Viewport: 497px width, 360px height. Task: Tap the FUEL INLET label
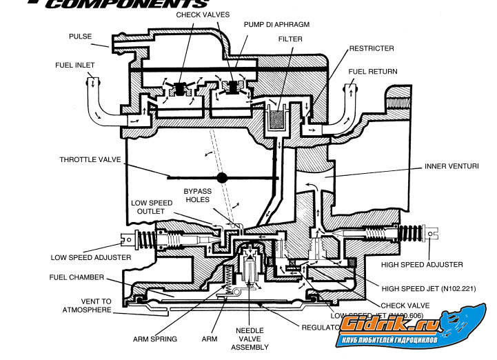pyautogui.click(x=75, y=65)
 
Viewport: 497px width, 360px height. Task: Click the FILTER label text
pyautogui.click(x=291, y=39)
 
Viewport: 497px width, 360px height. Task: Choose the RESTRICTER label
pyautogui.click(x=372, y=49)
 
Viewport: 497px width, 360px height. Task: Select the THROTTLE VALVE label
pyautogui.click(x=90, y=160)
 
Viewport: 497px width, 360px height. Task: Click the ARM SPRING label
pyautogui.click(x=155, y=339)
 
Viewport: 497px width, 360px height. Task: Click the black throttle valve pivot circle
pyautogui.click(x=223, y=177)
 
